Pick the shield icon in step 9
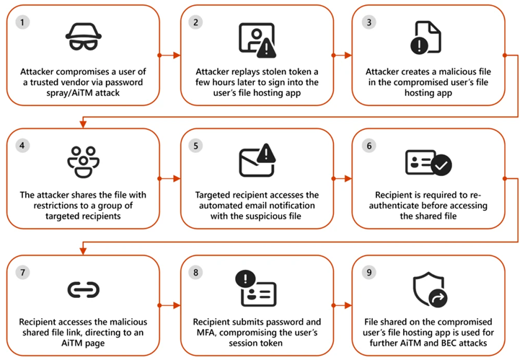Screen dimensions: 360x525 [428, 289]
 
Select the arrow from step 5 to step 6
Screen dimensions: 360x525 [342, 177]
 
